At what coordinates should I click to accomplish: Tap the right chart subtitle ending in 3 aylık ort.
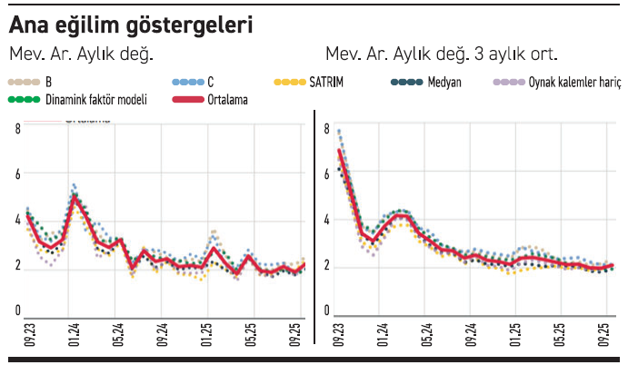(441, 53)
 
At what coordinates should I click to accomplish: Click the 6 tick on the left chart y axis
(17, 173)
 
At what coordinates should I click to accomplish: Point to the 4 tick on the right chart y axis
(327, 221)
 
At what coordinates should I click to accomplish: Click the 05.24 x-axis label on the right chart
(426, 330)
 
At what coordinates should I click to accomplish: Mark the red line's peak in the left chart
(75, 197)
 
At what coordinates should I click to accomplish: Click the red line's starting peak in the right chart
(339, 150)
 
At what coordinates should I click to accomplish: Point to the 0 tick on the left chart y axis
(17, 311)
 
